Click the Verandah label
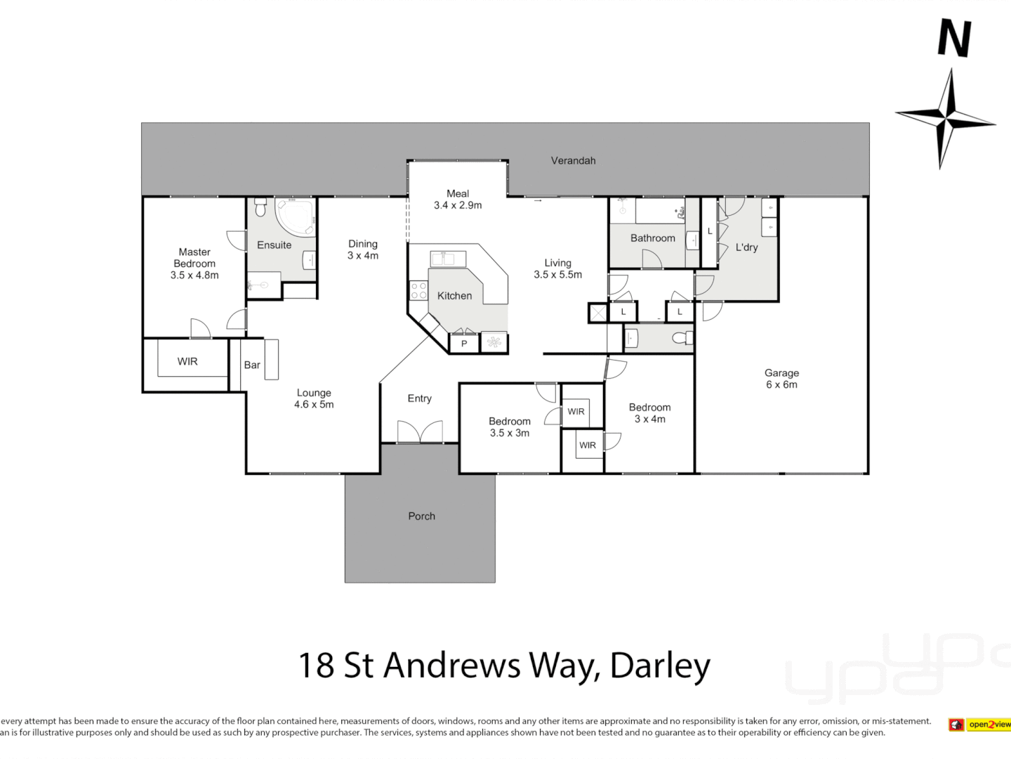[x=573, y=161]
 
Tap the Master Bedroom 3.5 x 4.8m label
[x=194, y=264]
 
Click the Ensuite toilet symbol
[x=260, y=208]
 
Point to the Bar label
[x=252, y=365]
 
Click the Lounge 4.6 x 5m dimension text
[x=314, y=405]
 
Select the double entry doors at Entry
[x=420, y=432]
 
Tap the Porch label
[x=421, y=516]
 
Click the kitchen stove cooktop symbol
[x=419, y=291]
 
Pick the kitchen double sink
[x=448, y=259]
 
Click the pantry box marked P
[x=463, y=344]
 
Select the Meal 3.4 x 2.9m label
[x=458, y=200]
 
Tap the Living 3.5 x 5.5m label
[x=557, y=269]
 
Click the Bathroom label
[x=652, y=238]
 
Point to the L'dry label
[x=746, y=247]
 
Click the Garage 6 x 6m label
[x=781, y=379]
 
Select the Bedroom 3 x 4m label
[x=649, y=413]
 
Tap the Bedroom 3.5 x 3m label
[x=510, y=427]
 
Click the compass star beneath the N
[x=947, y=118]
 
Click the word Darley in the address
[x=660, y=666]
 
